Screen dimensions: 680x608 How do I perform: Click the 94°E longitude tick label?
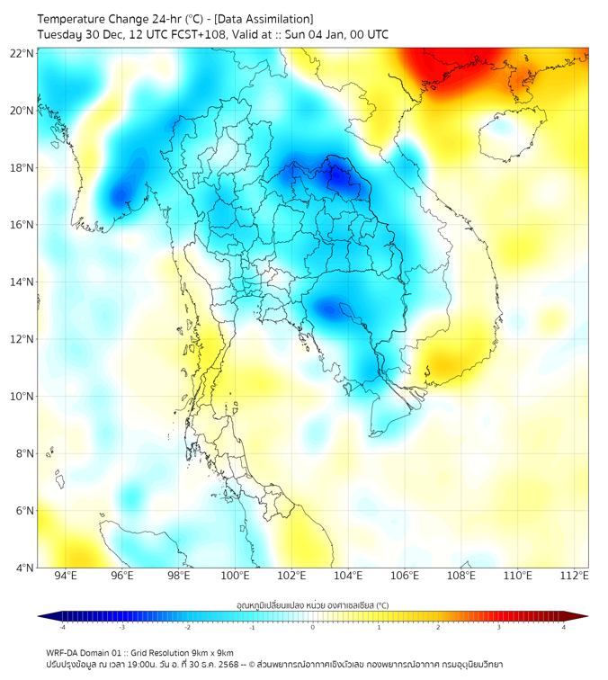[66, 576]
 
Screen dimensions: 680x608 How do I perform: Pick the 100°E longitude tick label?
[235, 576]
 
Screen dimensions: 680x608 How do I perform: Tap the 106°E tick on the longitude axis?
[405, 576]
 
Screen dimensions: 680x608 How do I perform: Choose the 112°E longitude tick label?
[574, 576]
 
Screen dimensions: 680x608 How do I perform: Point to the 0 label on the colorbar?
[313, 627]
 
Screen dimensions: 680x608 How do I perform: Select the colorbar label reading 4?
[563, 627]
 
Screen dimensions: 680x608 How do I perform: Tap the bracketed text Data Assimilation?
[266, 19]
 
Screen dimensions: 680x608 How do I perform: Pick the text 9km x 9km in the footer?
[212, 652]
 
